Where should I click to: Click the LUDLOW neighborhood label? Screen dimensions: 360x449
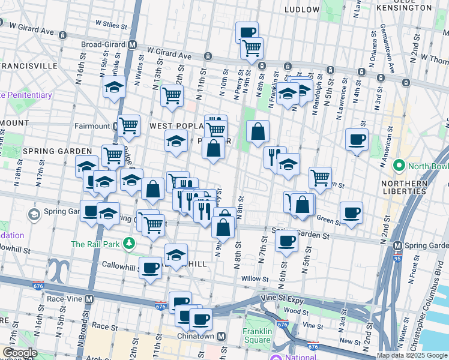302,10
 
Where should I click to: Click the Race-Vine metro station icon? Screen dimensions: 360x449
89,298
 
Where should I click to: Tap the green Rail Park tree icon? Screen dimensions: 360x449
128,244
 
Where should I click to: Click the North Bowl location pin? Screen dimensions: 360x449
398,166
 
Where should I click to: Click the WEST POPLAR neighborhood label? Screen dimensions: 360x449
175,126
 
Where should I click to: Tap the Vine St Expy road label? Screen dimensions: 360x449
280,298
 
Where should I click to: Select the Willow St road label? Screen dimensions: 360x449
256,279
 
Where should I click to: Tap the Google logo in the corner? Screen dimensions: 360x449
19,353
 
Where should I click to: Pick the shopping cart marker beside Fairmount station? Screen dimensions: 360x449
128,125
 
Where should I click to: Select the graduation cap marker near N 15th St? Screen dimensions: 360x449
114,87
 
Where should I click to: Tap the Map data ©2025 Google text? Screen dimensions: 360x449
412,355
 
